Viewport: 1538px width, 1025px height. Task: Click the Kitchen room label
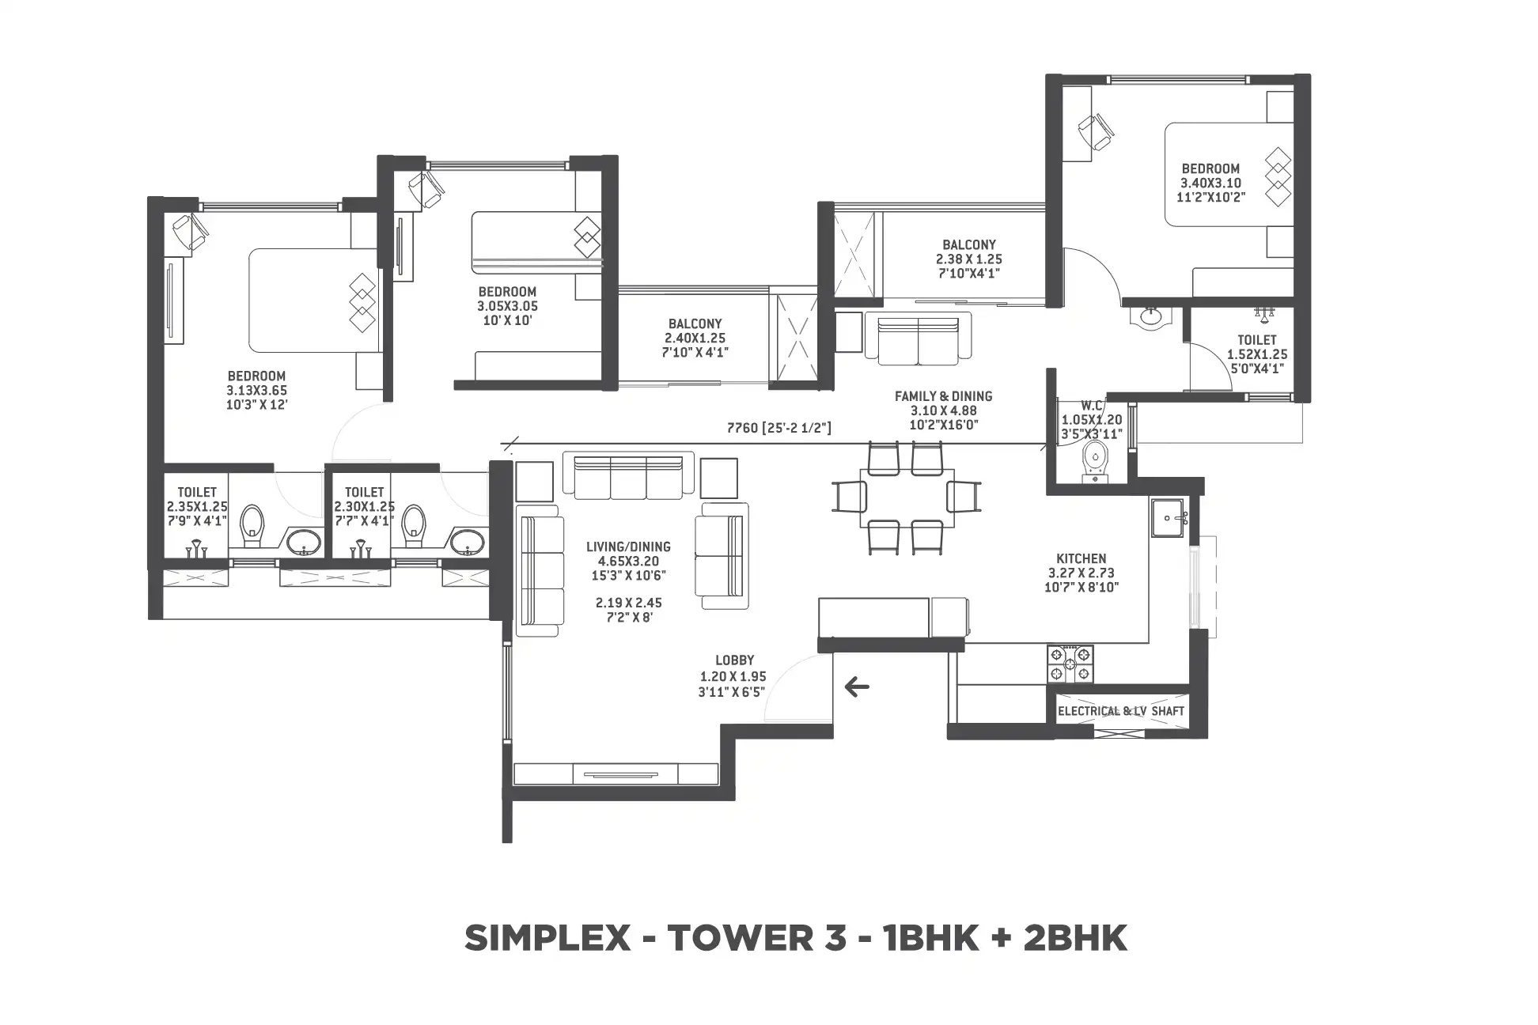coord(1082,573)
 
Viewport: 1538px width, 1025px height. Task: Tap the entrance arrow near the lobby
coord(857,686)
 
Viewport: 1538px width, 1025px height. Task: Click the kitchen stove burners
coord(1070,664)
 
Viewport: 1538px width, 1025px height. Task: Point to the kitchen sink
coord(1167,518)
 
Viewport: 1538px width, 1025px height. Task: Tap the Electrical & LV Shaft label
coord(1121,711)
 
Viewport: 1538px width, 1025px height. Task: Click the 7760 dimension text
coord(778,428)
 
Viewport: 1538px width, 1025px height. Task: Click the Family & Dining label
coord(943,410)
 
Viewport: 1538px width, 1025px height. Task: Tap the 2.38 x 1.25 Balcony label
coord(968,259)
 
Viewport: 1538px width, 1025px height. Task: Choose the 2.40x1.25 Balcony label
coord(695,338)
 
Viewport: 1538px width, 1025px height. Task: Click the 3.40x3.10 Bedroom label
coord(1210,183)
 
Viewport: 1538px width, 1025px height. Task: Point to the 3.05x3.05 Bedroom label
coord(507,306)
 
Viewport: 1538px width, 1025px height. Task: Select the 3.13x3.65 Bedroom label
coord(256,390)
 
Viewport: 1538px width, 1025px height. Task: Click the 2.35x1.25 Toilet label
coord(197,506)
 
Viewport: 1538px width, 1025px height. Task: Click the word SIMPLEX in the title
coord(547,939)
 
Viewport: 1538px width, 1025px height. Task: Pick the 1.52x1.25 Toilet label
coord(1257,354)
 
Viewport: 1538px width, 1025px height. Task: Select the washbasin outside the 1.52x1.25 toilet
coord(1151,317)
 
